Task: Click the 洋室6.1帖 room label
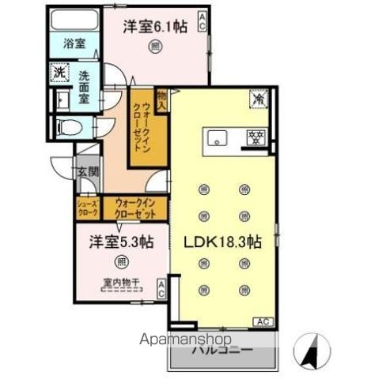tap(155, 27)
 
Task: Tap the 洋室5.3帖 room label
tap(120, 242)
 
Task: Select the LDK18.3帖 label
tap(224, 242)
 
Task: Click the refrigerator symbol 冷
tap(259, 99)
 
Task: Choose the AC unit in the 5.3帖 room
tap(161, 288)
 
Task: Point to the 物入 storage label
tap(162, 98)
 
